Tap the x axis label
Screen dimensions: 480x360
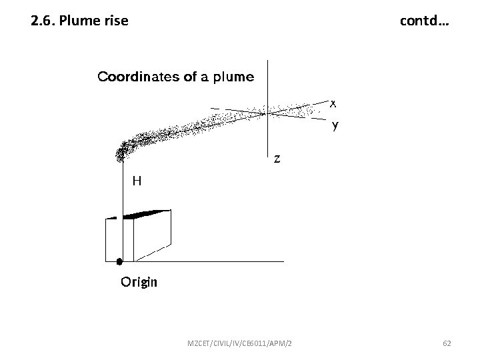(x=333, y=103)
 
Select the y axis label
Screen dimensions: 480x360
(x=335, y=125)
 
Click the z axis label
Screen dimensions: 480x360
(x=277, y=159)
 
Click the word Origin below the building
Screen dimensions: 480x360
(x=139, y=282)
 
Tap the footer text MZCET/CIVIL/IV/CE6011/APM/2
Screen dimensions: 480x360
(x=243, y=343)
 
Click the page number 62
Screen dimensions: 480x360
(x=447, y=343)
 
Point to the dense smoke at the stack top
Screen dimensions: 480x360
(x=122, y=152)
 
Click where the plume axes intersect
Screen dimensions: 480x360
(x=266, y=113)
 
